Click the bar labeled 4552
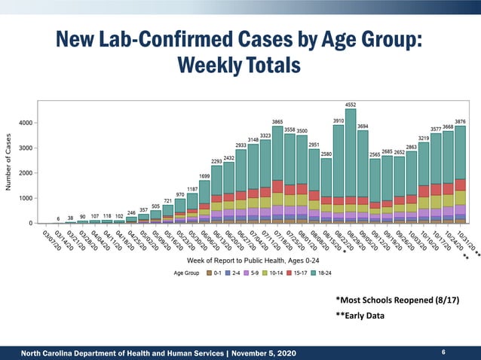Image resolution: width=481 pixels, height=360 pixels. point(351,166)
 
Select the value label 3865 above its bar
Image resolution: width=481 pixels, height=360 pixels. point(277,122)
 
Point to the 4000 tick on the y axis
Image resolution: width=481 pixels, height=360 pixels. point(25,123)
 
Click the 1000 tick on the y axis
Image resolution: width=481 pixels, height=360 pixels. point(25,198)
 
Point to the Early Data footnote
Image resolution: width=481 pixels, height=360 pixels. point(360,316)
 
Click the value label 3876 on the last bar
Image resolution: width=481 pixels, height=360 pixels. point(460,121)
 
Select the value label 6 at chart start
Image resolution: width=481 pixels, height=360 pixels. point(58,218)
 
